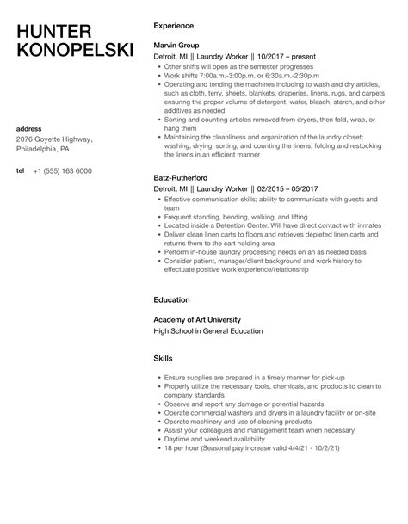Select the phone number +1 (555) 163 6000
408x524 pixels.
[63, 170]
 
